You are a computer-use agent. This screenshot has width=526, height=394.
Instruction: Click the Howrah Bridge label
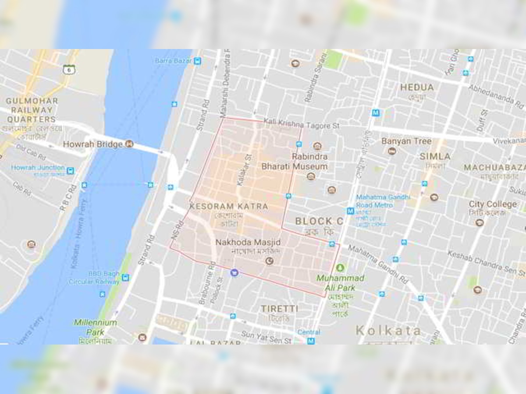pos(92,144)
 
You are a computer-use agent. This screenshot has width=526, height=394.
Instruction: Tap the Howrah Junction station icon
pos(70,170)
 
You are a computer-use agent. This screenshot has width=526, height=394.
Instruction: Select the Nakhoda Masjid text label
pos(248,242)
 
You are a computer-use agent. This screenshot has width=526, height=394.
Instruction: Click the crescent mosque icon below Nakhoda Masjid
pos(270,261)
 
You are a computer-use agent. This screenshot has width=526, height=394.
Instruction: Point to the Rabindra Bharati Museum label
pos(295,162)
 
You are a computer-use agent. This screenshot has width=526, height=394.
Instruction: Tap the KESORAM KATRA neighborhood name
pos(228,206)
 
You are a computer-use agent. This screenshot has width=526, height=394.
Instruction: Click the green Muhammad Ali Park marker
pos(340,267)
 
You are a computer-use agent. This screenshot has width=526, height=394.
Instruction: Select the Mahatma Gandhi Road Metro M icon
pos(350,211)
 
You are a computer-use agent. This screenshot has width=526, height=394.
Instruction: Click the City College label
pos(492,204)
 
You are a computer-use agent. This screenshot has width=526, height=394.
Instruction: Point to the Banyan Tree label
pos(406,141)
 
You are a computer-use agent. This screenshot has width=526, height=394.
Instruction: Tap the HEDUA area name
pos(417,88)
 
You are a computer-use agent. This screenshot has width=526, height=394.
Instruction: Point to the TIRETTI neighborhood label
pos(279,309)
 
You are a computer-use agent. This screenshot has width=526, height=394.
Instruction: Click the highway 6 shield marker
pos(69,69)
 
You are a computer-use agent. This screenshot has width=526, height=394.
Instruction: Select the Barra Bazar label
pos(173,60)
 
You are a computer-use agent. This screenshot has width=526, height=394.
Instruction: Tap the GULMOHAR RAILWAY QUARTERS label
pos(32,110)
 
